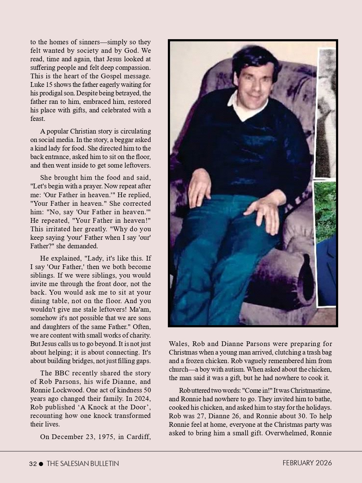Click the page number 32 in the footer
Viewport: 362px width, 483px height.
[x=33, y=464]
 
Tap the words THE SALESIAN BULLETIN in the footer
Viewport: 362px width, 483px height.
[x=83, y=464]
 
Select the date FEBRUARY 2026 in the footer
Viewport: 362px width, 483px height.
[x=307, y=463]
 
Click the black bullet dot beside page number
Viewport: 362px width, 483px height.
[x=41, y=464]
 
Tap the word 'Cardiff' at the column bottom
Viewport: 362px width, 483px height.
[x=139, y=437]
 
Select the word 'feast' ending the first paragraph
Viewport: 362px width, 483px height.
[x=37, y=119]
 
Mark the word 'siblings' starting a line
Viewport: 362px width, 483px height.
[x=42, y=275]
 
